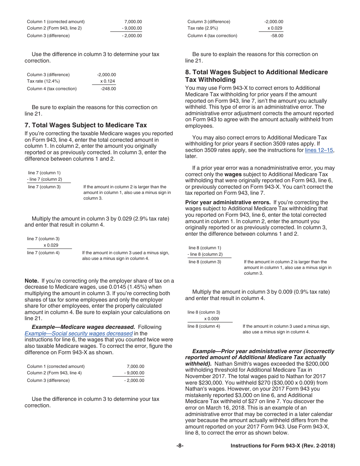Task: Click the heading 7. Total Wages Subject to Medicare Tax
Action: pos(85,125)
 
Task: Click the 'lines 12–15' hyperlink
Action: pos(319,150)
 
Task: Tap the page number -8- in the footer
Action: pos(180,446)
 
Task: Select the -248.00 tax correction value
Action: pos(108,89)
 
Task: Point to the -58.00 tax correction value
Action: pos(277,36)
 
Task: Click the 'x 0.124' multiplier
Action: pos(108,81)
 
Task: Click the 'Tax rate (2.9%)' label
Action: pos(203,28)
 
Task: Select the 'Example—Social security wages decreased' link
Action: pos(78,333)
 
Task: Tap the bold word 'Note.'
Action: pos(32,281)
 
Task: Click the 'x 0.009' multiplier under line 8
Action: pos(211,319)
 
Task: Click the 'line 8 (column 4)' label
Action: pos(203,326)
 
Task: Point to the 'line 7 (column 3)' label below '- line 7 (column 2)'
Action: pos(44,187)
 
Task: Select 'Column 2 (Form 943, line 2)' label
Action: pos(54,28)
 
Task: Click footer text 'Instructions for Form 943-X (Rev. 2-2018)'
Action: pos(283,446)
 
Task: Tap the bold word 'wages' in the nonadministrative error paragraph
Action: pos(233,174)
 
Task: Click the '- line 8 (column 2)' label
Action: pos(205,254)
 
